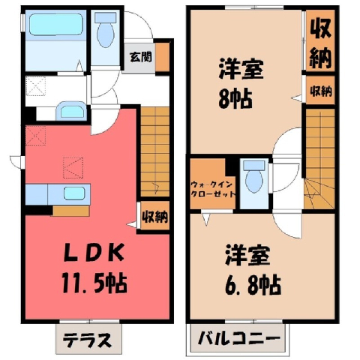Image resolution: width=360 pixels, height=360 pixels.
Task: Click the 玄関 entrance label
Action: [x=141, y=58]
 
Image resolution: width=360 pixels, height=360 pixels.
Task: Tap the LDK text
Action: [x=94, y=253]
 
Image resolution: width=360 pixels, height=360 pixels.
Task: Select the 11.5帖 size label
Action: [x=94, y=283]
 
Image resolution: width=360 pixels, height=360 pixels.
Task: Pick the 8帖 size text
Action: [x=235, y=99]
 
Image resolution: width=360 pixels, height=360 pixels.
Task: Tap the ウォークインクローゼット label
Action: [x=213, y=190]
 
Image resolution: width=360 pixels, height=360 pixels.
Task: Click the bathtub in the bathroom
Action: [x=56, y=25]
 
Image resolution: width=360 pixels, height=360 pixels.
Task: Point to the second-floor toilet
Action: [x=254, y=176]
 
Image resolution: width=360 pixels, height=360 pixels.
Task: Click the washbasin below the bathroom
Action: [x=71, y=111]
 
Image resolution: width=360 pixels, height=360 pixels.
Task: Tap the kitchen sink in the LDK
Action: [x=74, y=193]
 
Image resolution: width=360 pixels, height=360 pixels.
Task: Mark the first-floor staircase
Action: [x=155, y=151]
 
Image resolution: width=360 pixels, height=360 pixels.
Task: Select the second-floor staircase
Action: [x=320, y=158]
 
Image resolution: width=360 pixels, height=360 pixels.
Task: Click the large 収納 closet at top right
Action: [x=321, y=41]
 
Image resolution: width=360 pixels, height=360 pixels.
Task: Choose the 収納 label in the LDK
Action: [x=155, y=216]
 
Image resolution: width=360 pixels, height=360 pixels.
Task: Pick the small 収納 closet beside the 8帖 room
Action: [x=321, y=90]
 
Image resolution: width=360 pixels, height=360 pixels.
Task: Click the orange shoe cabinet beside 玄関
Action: [x=163, y=58]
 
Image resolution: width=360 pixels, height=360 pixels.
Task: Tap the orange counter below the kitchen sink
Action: [x=71, y=211]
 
